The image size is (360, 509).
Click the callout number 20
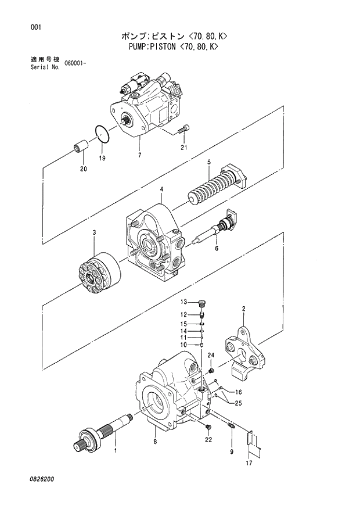[83, 169]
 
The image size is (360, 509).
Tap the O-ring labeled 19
[103, 135]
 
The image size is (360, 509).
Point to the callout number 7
[139, 155]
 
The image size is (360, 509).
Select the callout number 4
[161, 189]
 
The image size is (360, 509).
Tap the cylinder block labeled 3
[98, 273]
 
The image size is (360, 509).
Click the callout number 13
[183, 302]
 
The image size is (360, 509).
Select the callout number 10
[183, 345]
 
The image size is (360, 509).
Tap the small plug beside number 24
[211, 368]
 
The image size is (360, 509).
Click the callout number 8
[156, 442]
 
